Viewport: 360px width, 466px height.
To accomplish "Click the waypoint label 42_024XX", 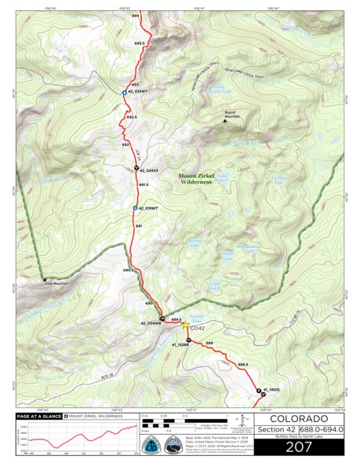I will point(148,169).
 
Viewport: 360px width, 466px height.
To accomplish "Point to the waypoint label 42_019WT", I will point(147,209).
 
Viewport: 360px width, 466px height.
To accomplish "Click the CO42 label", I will point(197,328).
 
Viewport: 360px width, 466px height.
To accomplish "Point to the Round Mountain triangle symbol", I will point(226,121).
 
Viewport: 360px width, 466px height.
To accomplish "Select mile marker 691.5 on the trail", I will point(143,184).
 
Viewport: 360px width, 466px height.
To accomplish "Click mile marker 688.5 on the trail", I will point(242,364).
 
